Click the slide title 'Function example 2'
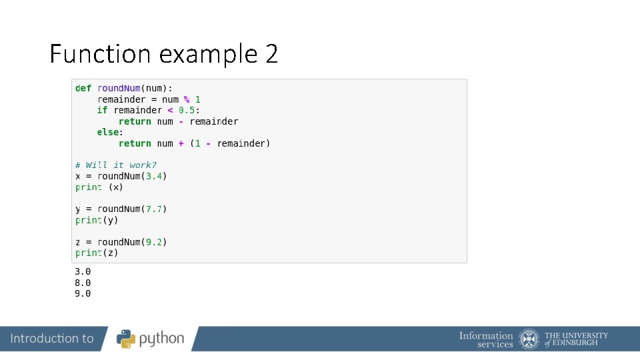163,54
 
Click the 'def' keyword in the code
83,88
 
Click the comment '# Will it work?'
116,165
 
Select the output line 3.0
83,271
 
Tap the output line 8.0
83,283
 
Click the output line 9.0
83,293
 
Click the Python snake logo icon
127,339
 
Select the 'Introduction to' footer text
52,339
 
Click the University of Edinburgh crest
529,339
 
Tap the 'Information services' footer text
486,339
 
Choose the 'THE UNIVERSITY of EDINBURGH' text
576,339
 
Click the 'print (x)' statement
99,187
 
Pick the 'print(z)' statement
97,253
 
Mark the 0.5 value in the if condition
187,110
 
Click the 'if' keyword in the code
102,110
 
